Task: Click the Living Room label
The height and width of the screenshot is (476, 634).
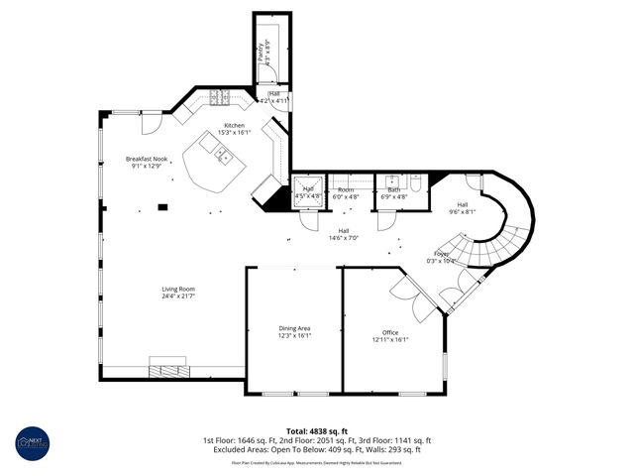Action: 178,293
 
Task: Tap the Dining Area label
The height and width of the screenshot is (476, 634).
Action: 293,331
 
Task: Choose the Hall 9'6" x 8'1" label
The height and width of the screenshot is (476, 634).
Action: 463,207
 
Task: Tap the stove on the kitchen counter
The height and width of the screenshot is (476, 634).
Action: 220,97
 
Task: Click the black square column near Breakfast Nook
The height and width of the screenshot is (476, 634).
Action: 163,207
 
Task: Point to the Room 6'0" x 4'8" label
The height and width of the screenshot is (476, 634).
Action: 345,192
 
